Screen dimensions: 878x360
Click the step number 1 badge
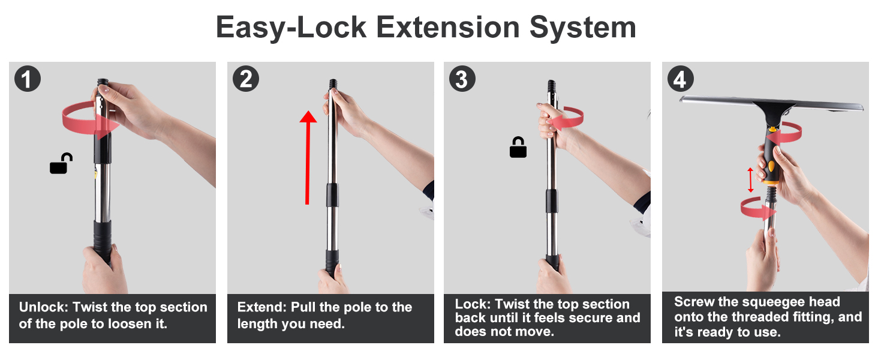click(x=28, y=79)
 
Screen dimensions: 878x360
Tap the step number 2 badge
click(x=246, y=79)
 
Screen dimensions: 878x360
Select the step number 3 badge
click(x=462, y=79)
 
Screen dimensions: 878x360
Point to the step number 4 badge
click(x=681, y=79)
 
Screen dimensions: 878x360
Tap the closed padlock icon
click(x=518, y=148)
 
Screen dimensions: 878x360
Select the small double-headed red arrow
click(x=750, y=180)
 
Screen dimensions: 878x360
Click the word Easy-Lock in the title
click(x=291, y=28)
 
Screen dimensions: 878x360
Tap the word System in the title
click(x=582, y=28)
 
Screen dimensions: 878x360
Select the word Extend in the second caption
click(x=262, y=307)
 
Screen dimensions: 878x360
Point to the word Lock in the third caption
click(x=473, y=304)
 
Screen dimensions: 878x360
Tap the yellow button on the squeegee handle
click(x=771, y=166)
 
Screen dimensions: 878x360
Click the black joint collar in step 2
click(x=332, y=195)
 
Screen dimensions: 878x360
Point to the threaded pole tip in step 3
click(x=551, y=85)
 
